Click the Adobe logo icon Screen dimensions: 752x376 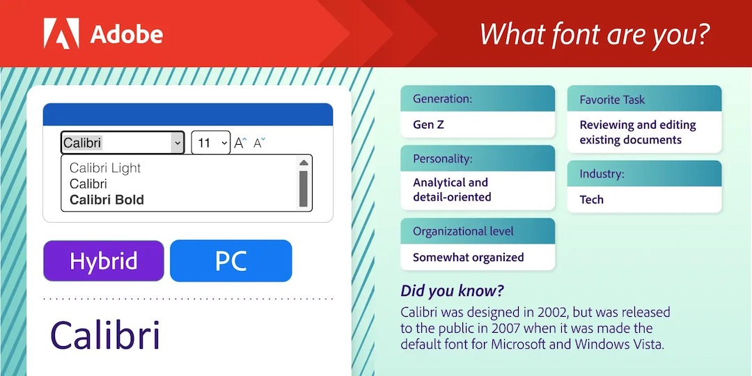(x=61, y=33)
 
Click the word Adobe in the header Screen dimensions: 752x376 (x=127, y=34)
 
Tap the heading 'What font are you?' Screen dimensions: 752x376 (x=595, y=33)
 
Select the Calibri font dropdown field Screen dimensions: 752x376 (x=123, y=143)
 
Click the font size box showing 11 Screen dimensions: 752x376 (x=211, y=143)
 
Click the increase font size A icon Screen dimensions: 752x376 (x=240, y=143)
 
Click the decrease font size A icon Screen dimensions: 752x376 (x=260, y=143)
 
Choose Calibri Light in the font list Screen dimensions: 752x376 (x=105, y=168)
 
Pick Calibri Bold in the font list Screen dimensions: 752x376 (x=107, y=200)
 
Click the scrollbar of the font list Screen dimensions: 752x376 (x=303, y=183)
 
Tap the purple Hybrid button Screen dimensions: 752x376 (x=104, y=261)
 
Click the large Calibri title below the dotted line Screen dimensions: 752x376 (x=105, y=334)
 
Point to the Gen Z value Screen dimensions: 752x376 (x=428, y=125)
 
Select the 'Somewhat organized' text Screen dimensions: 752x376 (x=468, y=257)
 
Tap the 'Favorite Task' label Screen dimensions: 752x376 (x=612, y=100)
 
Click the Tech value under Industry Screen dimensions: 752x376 (x=591, y=200)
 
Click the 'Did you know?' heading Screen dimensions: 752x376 (x=452, y=291)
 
